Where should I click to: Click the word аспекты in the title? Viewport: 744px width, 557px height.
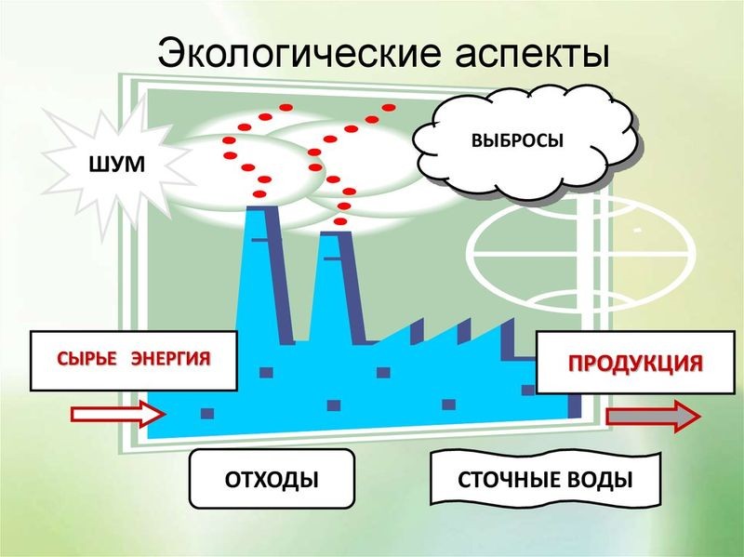(533, 53)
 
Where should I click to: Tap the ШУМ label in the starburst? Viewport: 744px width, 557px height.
(117, 165)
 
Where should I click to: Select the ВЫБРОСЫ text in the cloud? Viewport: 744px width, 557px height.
(517, 141)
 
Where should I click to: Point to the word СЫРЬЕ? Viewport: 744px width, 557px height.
(86, 358)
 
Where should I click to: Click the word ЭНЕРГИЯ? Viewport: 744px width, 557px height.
(170, 358)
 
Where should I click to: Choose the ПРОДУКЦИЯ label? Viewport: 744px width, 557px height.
(635, 363)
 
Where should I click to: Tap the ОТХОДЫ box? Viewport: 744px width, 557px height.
(272, 479)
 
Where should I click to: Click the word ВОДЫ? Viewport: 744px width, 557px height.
(600, 480)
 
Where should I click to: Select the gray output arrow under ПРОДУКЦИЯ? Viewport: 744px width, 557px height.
(654, 416)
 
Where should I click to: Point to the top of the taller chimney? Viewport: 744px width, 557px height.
(261, 207)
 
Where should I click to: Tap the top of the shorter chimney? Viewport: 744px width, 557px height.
(335, 233)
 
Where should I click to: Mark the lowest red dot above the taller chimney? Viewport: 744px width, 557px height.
(260, 193)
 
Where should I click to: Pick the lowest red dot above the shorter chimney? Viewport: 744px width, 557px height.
(339, 221)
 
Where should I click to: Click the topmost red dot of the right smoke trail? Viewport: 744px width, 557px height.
(389, 107)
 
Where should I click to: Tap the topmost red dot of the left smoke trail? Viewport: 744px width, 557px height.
(286, 108)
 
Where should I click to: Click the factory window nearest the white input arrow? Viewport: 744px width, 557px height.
(207, 413)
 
